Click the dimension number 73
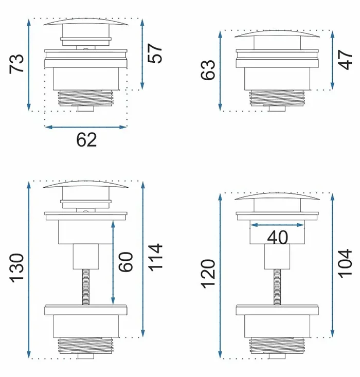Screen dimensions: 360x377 pos(16,63)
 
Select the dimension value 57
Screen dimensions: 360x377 pos(155,53)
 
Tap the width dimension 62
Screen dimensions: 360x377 pos(86,140)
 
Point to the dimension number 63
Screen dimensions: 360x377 pos(208,70)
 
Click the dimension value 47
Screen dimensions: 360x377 pos(345,60)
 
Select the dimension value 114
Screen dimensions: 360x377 pos(155,258)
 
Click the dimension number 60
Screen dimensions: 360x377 pos(125,262)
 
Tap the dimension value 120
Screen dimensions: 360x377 pos(208,274)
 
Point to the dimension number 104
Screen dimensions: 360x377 pos(345,264)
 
